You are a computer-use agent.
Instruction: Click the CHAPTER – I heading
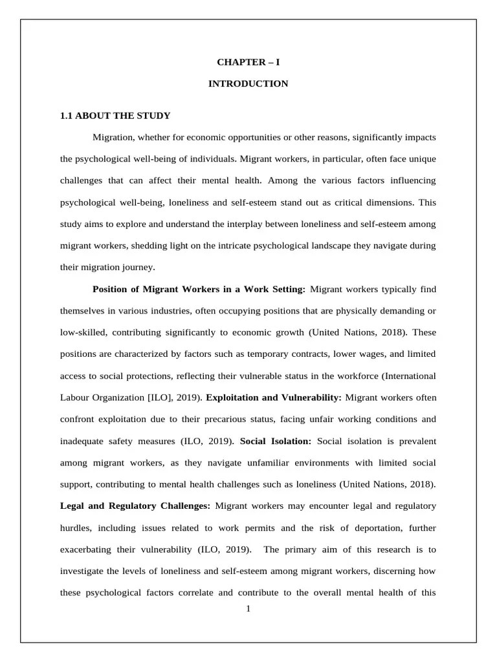(248, 63)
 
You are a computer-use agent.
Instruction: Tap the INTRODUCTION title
(248, 84)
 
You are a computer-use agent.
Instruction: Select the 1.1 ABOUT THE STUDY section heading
(115, 116)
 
